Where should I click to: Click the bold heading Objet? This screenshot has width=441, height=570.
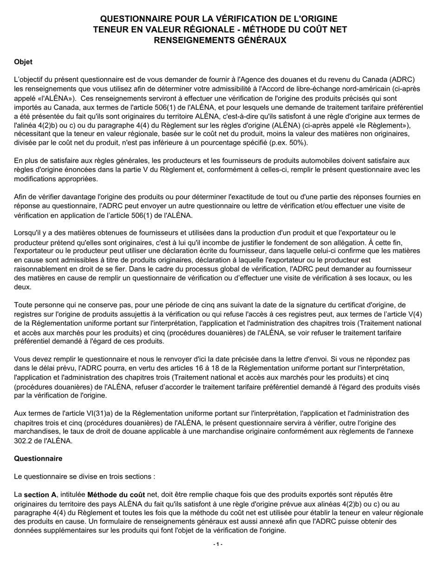(23, 62)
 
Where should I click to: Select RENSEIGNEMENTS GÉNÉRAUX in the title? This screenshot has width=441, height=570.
(220, 40)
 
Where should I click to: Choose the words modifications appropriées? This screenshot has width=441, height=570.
(49, 179)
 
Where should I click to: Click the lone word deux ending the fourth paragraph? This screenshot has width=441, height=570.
(23, 287)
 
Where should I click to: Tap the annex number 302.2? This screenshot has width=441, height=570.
(25, 441)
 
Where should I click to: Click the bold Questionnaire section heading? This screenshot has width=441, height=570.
(38, 458)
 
